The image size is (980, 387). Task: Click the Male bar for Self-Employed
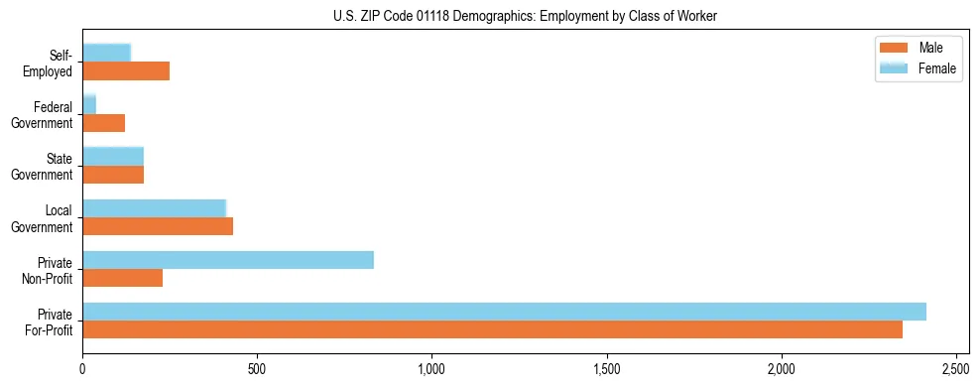coord(126,71)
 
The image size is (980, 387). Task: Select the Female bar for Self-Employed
coord(106,53)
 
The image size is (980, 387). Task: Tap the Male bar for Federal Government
coord(103,123)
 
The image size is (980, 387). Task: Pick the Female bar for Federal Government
coord(89,104)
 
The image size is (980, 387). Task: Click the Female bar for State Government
coord(113,156)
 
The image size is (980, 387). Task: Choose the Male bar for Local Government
coord(158,226)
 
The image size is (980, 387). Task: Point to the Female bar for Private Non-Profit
coord(228,260)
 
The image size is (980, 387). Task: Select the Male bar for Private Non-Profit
coord(122,278)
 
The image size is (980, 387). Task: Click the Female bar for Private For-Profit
coord(504,312)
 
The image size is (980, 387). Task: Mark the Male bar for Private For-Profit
coord(492,329)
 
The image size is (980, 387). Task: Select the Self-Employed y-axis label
coord(50,64)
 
